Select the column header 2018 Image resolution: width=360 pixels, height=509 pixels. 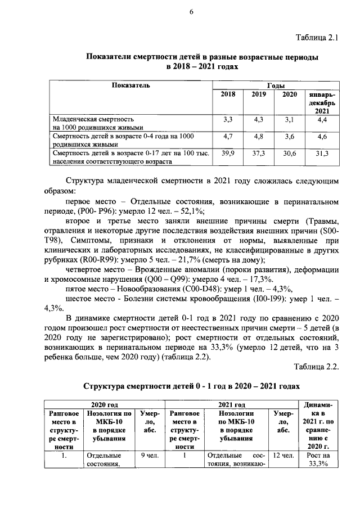click(x=228, y=94)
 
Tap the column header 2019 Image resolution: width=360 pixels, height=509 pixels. click(x=259, y=94)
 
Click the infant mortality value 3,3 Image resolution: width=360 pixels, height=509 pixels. click(x=228, y=119)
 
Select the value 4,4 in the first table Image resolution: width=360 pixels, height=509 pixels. click(x=322, y=119)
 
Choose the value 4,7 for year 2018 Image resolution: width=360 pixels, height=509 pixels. click(x=228, y=136)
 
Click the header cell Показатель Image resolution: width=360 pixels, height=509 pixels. click(x=130, y=85)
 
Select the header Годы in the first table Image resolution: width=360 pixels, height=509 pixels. click(x=276, y=85)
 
